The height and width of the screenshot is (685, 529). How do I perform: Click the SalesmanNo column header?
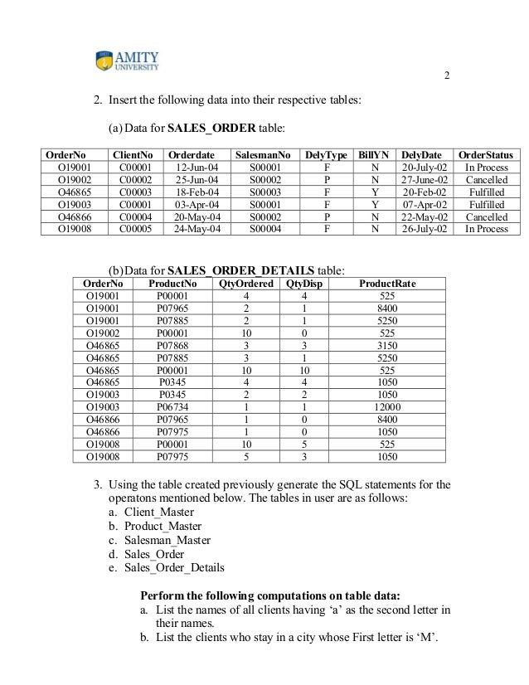263,155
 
